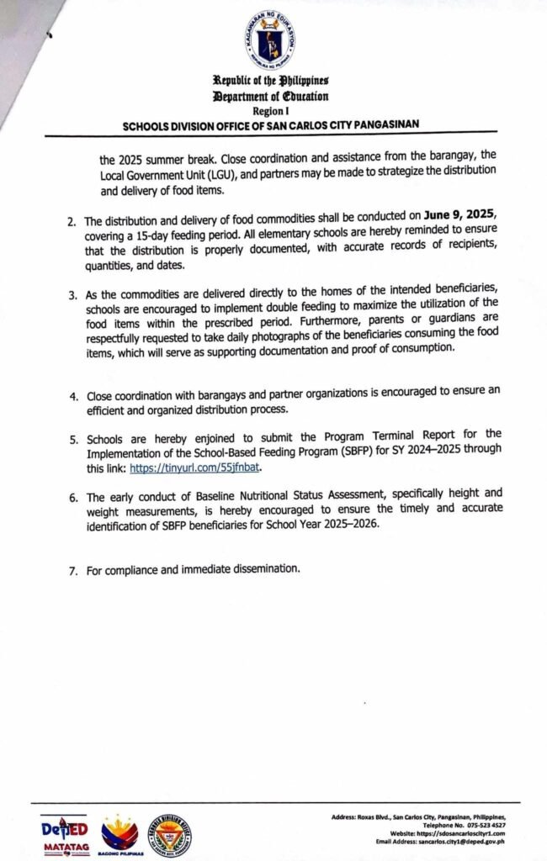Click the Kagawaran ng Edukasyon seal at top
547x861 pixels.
(271, 38)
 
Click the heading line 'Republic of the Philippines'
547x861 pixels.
(271, 81)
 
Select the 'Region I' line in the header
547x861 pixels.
(270, 110)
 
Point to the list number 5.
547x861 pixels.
(73, 439)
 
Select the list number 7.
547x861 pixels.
(73, 570)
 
